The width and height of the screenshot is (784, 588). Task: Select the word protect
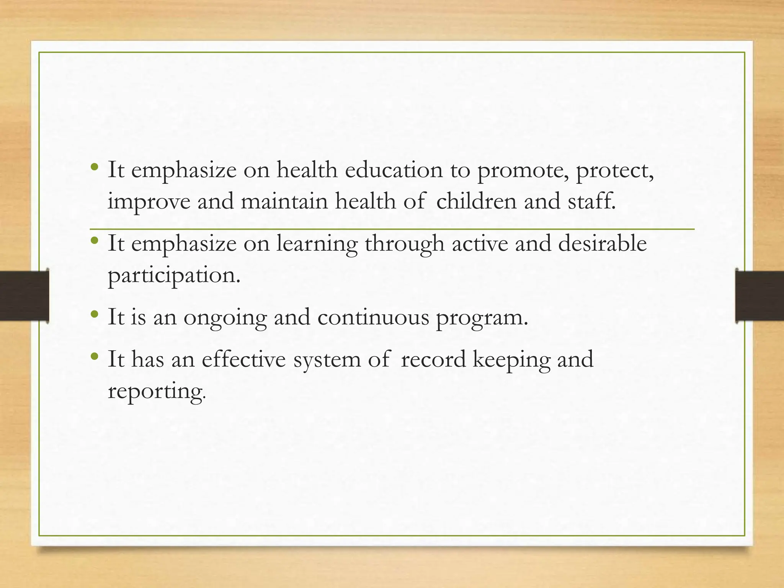pyautogui.click(x=614, y=171)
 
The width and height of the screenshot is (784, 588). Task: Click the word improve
pyautogui.click(x=149, y=202)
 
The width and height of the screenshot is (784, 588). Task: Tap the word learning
pyautogui.click(x=317, y=244)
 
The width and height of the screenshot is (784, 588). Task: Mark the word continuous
pyautogui.click(x=373, y=317)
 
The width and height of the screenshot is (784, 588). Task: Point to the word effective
pyautogui.click(x=243, y=359)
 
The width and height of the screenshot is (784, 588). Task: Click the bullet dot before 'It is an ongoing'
pyautogui.click(x=95, y=315)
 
